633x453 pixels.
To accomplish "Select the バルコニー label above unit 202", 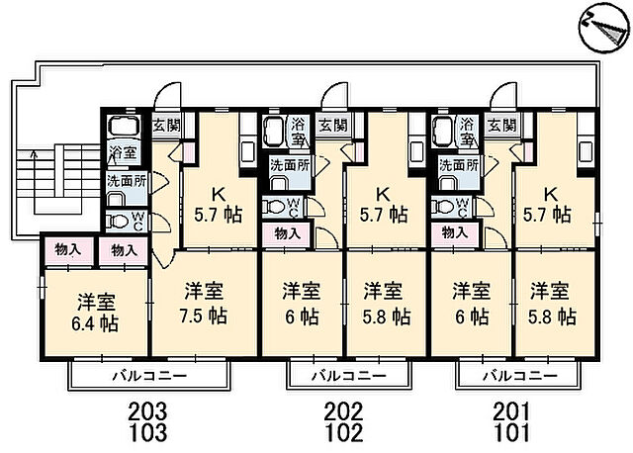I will point(344,376).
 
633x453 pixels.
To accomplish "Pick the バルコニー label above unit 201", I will point(513,376).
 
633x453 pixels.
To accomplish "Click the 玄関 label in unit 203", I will point(165,126).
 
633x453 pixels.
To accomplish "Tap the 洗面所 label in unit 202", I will point(291,165).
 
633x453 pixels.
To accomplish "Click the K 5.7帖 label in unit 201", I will point(550,203).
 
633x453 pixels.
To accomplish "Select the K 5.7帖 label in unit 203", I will point(210,203).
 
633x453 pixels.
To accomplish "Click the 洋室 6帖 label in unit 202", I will point(301,305).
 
